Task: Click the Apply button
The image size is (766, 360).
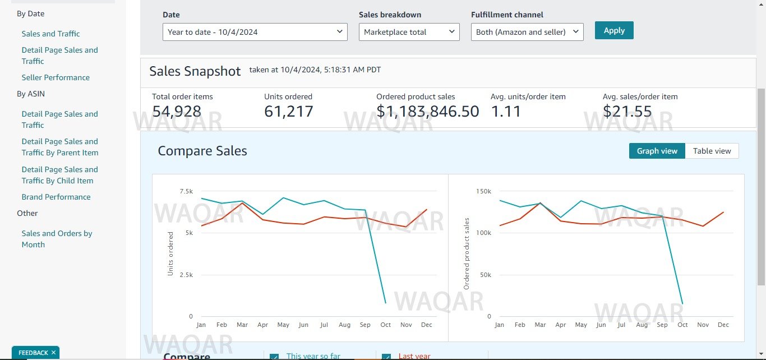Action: coord(614,30)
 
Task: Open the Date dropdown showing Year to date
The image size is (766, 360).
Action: coord(255,32)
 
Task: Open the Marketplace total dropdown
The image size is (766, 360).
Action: coord(409,32)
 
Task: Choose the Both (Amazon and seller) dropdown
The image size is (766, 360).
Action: coord(527,32)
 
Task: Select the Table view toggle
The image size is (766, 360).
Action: coord(712,151)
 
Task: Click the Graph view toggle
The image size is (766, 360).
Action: coord(657,151)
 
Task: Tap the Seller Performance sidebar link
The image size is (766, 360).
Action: coord(56,77)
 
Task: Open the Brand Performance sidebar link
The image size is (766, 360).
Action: coord(56,197)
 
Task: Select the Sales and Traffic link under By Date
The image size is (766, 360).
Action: coord(50,34)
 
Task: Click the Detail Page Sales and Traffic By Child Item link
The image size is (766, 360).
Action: coord(59,175)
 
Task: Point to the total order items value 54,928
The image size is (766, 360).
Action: coord(177,112)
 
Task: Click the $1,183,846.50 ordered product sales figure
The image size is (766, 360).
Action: coord(428,112)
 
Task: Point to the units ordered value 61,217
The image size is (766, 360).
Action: coord(289,112)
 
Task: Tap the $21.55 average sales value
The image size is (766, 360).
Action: coord(627,112)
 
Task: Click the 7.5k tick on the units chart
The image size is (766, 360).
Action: coord(186,191)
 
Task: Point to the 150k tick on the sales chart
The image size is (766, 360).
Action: coord(483,191)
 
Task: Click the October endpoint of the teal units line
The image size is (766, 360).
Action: coord(385,303)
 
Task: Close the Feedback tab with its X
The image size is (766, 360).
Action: coord(53,353)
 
